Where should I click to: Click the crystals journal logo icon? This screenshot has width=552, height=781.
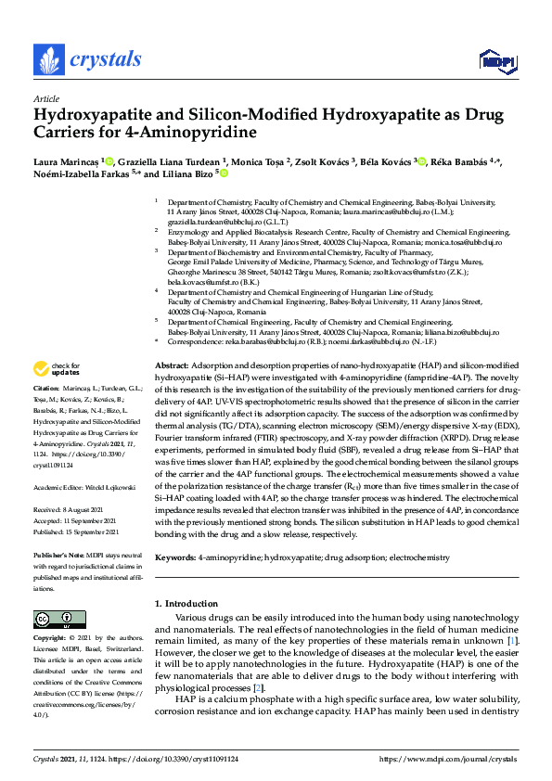pos(48,59)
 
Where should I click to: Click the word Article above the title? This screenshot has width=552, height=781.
pos(45,98)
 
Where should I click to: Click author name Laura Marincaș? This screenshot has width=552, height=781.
pos(67,161)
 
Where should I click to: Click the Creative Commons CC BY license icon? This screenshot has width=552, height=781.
pos(54,619)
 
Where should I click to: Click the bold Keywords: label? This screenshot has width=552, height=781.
pos(174,557)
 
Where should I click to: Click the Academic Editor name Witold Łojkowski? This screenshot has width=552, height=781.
pos(109,485)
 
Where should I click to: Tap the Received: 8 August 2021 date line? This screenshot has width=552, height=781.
pos(79,509)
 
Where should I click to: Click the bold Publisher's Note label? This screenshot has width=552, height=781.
pos(61,554)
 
